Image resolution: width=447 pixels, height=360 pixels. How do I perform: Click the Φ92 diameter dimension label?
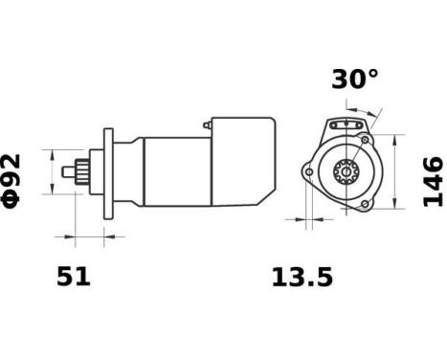[x=14, y=180]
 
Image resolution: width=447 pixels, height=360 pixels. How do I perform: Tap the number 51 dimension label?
[x=73, y=277]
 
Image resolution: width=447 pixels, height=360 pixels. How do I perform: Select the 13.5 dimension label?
[x=302, y=278]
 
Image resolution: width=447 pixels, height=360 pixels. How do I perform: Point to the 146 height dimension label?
[x=433, y=180]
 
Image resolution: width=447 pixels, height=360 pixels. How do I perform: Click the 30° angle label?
[x=355, y=79]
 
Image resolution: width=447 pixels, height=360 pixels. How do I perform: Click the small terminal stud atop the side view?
[x=207, y=125]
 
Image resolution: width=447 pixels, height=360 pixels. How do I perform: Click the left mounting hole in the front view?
[x=307, y=173]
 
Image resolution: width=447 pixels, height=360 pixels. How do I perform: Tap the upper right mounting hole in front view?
[x=366, y=139]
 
